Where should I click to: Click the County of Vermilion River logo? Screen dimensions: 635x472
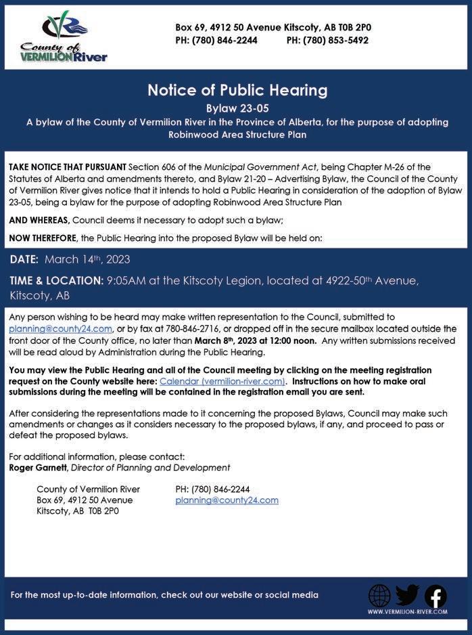point(64,37)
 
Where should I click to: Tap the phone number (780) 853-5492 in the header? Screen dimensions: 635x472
point(327,40)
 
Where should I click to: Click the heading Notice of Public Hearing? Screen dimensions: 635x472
point(237,90)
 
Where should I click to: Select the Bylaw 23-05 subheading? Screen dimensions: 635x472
point(237,108)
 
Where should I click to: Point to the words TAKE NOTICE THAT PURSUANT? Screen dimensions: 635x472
point(67,167)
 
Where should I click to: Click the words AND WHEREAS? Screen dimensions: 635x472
point(39,220)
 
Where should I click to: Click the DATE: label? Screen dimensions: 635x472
point(24,259)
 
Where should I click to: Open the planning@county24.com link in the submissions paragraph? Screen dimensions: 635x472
point(60,328)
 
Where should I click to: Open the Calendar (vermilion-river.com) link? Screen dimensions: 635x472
point(222,381)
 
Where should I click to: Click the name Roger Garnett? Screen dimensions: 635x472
point(38,467)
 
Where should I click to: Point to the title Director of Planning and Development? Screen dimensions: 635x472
point(150,467)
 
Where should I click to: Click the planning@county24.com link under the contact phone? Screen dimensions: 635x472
point(227,500)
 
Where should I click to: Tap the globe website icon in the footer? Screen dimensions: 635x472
point(379,596)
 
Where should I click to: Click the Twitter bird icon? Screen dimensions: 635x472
point(407,595)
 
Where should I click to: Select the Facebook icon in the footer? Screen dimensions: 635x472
point(435,596)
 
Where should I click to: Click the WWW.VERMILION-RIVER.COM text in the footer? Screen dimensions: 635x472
point(407,612)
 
